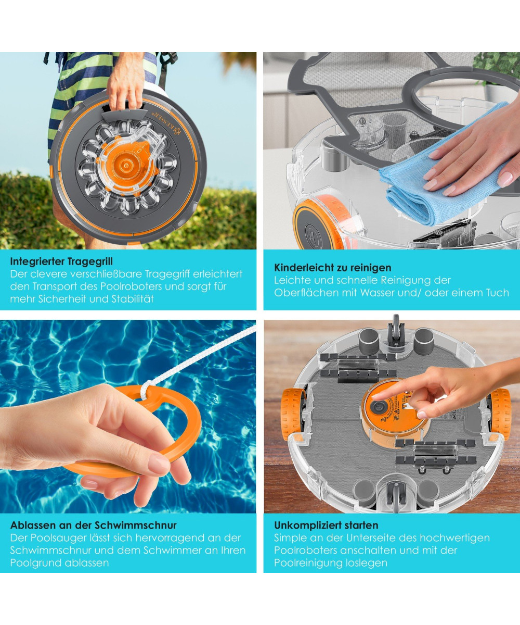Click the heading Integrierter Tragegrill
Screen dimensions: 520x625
click(61, 261)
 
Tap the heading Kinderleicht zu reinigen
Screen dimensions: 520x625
click(333, 267)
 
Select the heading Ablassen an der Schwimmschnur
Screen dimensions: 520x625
click(94, 526)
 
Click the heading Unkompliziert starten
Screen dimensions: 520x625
click(326, 526)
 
